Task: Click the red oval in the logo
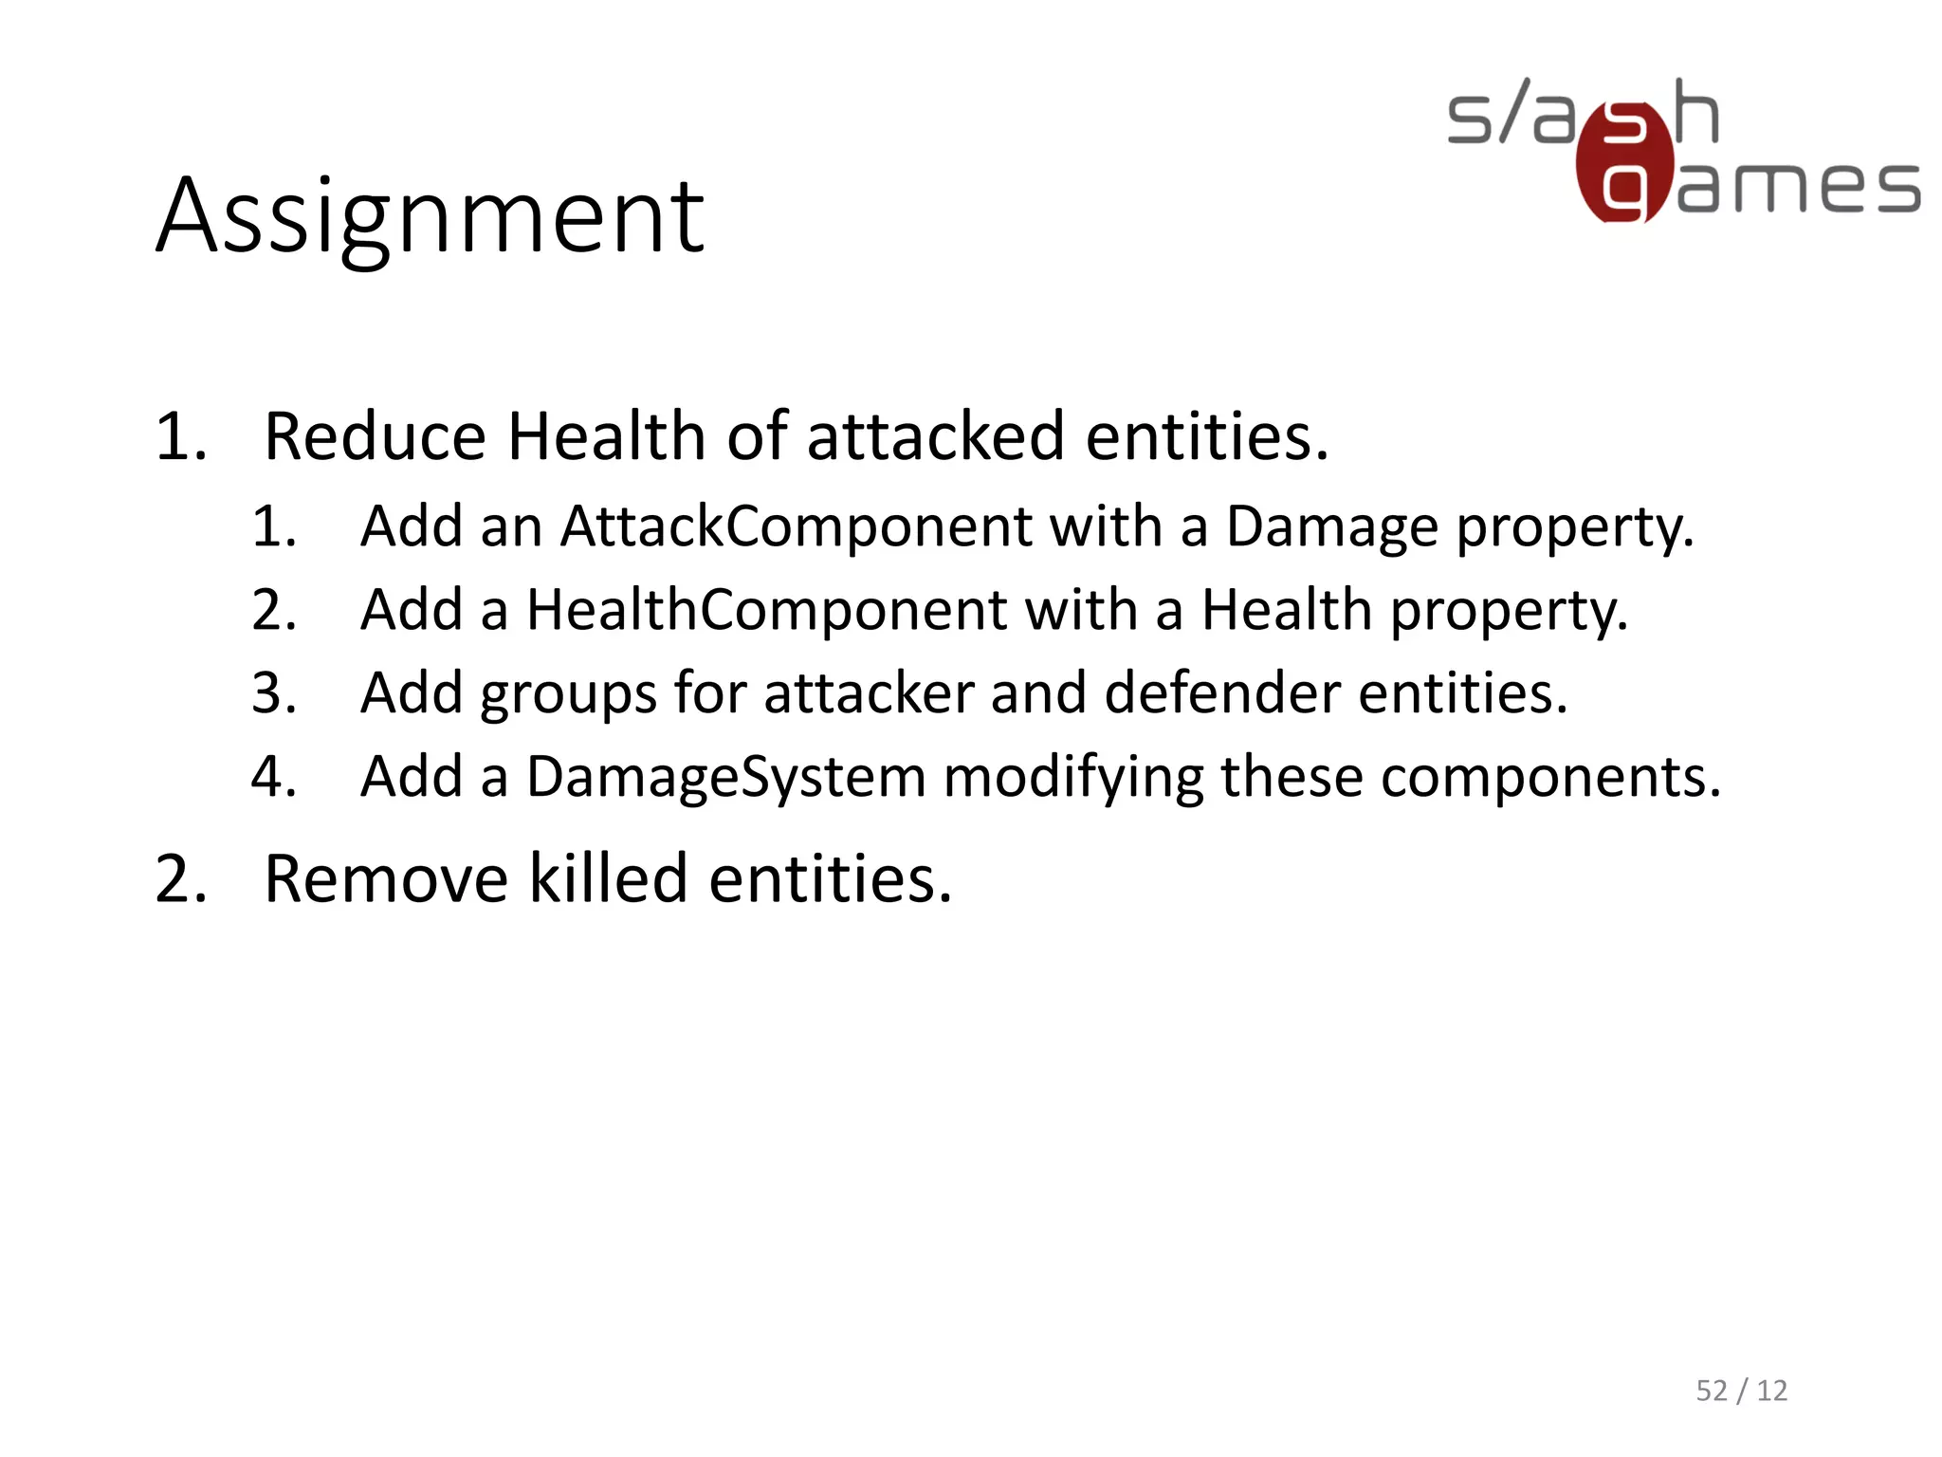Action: point(1624,163)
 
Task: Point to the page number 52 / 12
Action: point(1741,1390)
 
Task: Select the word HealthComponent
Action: point(766,609)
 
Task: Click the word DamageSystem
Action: point(725,777)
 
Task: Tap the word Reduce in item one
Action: point(375,436)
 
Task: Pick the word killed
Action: point(607,878)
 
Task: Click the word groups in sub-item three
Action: point(568,694)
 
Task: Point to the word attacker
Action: point(869,692)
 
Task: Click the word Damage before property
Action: point(1331,527)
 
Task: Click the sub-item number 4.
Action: point(273,777)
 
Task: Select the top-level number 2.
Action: point(180,878)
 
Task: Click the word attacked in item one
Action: point(935,436)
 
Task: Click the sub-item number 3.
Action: point(273,693)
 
